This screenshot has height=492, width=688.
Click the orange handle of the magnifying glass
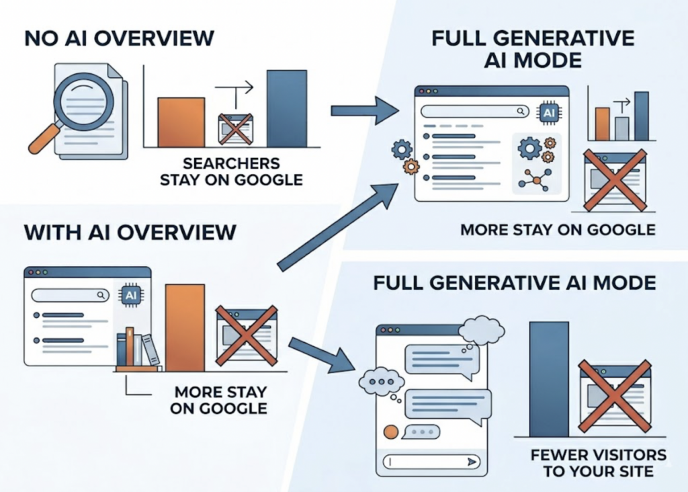point(44,138)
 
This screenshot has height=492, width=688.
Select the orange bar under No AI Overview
point(181,122)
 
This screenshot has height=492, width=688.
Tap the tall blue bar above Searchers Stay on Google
point(287,108)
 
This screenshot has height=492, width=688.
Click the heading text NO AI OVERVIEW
point(120,38)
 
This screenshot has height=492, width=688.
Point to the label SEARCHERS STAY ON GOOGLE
point(231,171)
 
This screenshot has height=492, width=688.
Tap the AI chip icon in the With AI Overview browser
point(131,295)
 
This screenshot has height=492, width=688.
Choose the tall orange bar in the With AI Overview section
point(185,328)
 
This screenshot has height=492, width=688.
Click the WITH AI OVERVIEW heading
point(130,232)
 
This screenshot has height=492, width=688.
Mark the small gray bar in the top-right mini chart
point(621,128)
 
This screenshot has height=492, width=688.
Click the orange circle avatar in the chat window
point(391,432)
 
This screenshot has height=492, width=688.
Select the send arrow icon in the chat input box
point(472,462)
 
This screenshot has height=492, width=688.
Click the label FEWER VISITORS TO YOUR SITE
point(599,463)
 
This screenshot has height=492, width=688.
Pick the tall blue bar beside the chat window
point(549,379)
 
